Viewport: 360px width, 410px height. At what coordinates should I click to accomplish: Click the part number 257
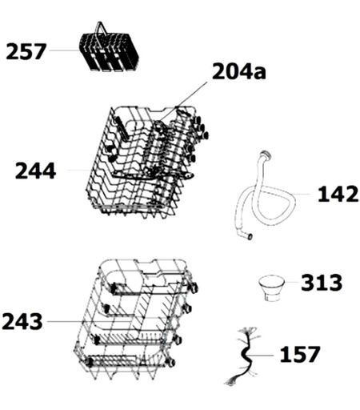(26, 51)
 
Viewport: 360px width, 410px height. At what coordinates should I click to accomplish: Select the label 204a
(239, 71)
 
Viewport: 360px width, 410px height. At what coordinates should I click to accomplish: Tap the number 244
(35, 171)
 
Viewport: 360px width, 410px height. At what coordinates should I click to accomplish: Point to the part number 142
(338, 194)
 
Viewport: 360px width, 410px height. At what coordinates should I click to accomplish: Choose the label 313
(322, 283)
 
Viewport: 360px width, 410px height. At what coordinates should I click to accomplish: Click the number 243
(22, 321)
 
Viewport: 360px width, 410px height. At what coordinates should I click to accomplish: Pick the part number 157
(300, 354)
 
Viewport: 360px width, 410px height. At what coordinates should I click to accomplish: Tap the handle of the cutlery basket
(101, 30)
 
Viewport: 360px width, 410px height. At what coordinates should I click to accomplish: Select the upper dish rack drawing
(146, 163)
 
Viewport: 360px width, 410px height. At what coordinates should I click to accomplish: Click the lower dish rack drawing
(136, 319)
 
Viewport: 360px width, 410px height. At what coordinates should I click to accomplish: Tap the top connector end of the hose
(266, 155)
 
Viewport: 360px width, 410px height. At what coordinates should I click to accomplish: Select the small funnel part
(271, 288)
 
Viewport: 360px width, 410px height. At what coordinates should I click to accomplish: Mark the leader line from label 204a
(184, 101)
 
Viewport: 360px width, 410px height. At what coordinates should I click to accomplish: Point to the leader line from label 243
(103, 321)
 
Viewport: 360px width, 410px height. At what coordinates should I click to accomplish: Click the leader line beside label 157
(262, 356)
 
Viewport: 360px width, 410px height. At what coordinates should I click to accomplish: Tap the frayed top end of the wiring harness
(247, 332)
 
